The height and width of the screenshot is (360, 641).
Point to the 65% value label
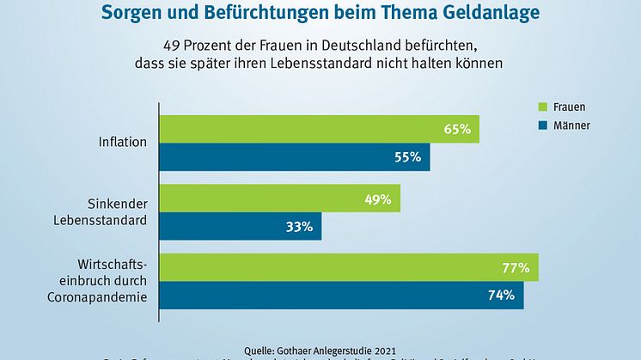(457, 130)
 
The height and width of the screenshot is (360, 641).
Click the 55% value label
(408, 157)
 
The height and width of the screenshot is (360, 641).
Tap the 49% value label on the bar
(378, 199)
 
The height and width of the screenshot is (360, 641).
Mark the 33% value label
(299, 227)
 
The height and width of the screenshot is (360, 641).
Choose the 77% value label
(516, 268)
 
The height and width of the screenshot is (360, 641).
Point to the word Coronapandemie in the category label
(96, 297)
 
